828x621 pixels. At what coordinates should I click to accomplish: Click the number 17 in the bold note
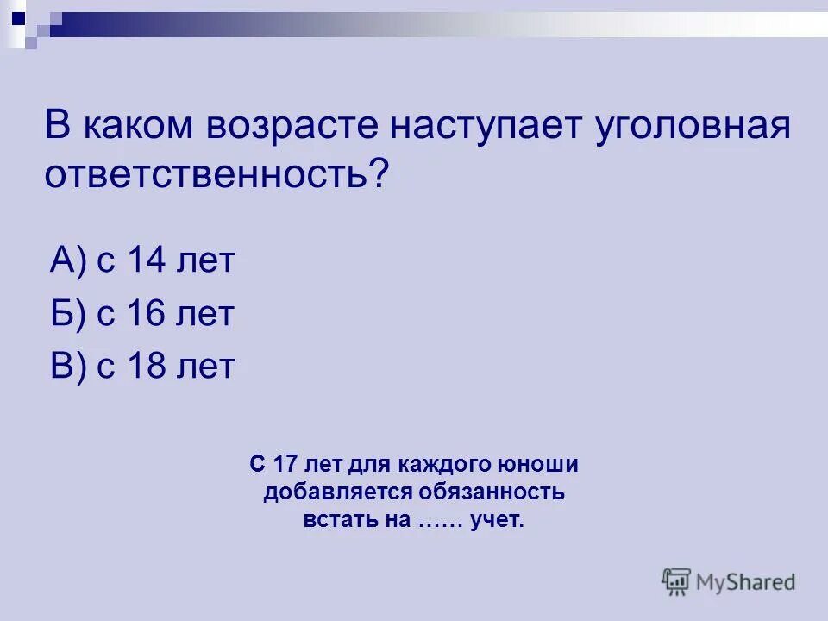pos(285,465)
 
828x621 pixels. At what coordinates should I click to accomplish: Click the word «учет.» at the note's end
pos(498,521)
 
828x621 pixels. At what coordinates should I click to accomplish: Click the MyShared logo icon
pos(677,582)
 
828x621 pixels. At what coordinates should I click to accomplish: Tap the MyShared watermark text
pos(746,582)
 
